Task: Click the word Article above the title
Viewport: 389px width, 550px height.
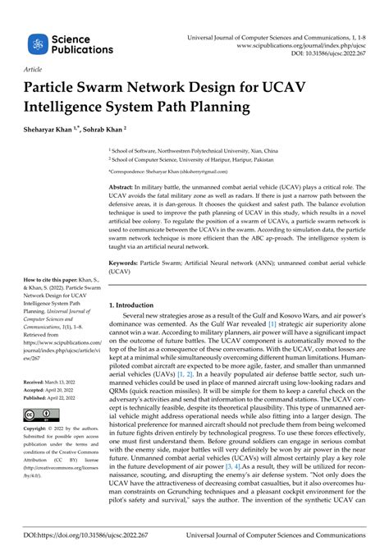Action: [34, 71]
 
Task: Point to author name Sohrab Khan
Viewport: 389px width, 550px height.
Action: [104, 129]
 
